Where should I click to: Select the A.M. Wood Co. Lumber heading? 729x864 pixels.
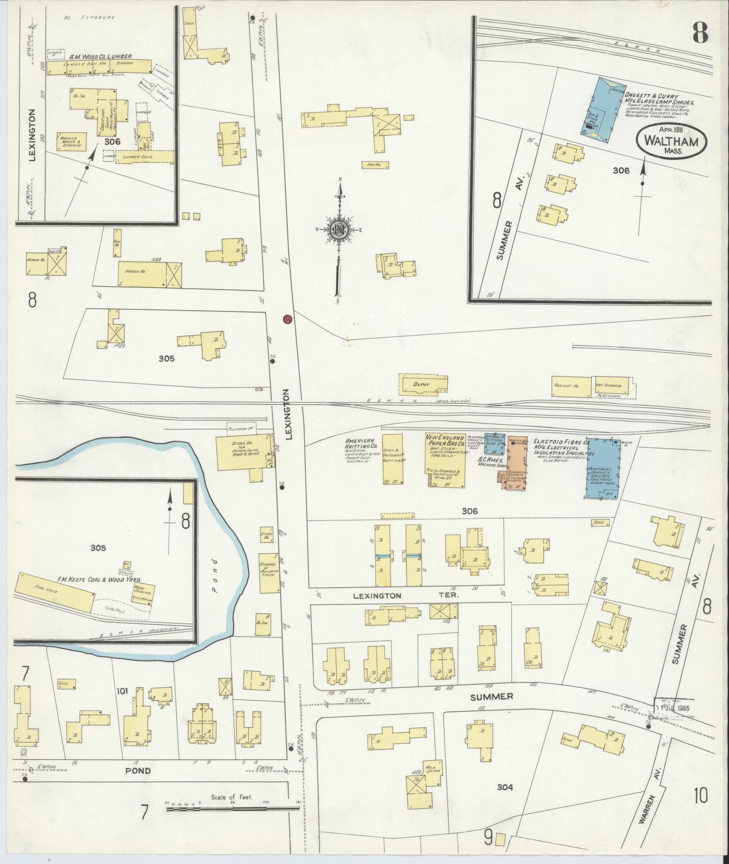click(100, 56)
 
